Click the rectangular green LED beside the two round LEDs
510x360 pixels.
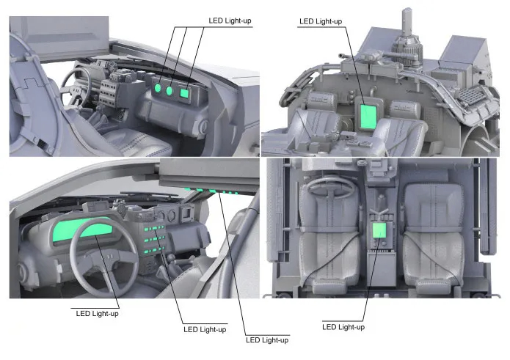pos(184,93)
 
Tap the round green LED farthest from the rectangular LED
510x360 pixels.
pos(157,89)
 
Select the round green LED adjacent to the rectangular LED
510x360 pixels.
pos(170,92)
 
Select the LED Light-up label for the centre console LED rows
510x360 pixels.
pos(204,329)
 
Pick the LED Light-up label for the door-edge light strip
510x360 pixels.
pos(266,339)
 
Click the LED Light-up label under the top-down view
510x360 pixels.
pos(343,326)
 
